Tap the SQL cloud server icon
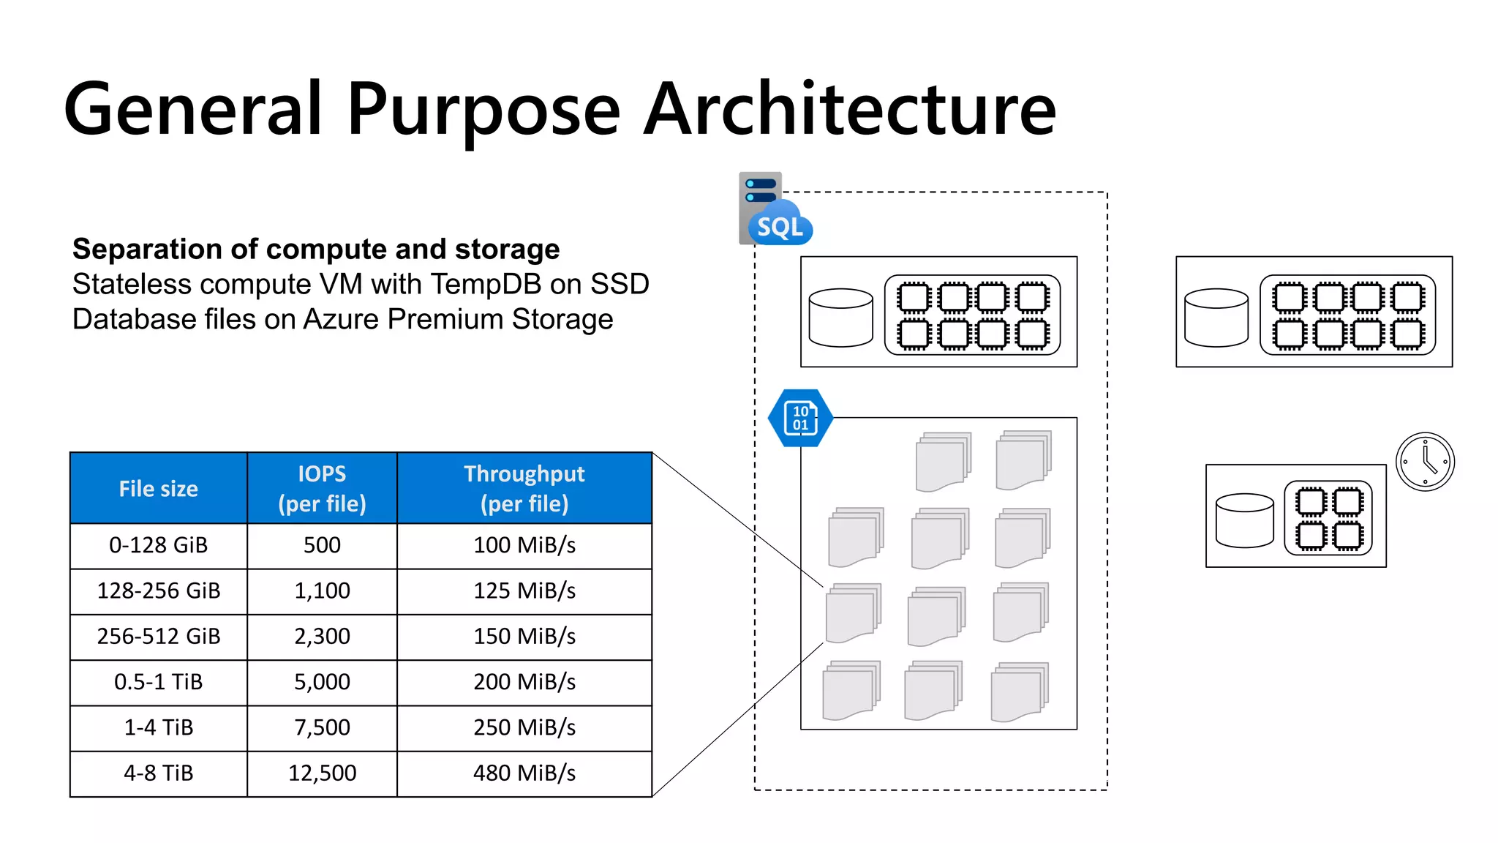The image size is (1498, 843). click(774, 211)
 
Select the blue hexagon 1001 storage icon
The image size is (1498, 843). click(800, 418)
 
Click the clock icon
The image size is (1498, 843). click(1425, 462)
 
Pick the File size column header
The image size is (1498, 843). click(159, 489)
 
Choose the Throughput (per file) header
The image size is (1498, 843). click(524, 488)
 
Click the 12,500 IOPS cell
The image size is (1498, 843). click(322, 773)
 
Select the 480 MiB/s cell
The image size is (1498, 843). click(524, 773)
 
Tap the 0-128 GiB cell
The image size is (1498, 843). click(159, 545)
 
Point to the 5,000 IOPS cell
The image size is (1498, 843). click(322, 682)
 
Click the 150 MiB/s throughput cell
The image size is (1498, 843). click(524, 637)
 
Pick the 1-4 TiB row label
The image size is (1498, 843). click(159, 727)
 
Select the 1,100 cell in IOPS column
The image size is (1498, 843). click(322, 591)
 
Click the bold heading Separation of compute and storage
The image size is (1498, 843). click(316, 250)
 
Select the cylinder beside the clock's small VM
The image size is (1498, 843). click(1244, 520)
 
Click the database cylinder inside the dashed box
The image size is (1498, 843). click(840, 317)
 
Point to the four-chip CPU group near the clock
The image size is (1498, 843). click(1328, 518)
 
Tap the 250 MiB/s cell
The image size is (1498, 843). click(524, 727)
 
